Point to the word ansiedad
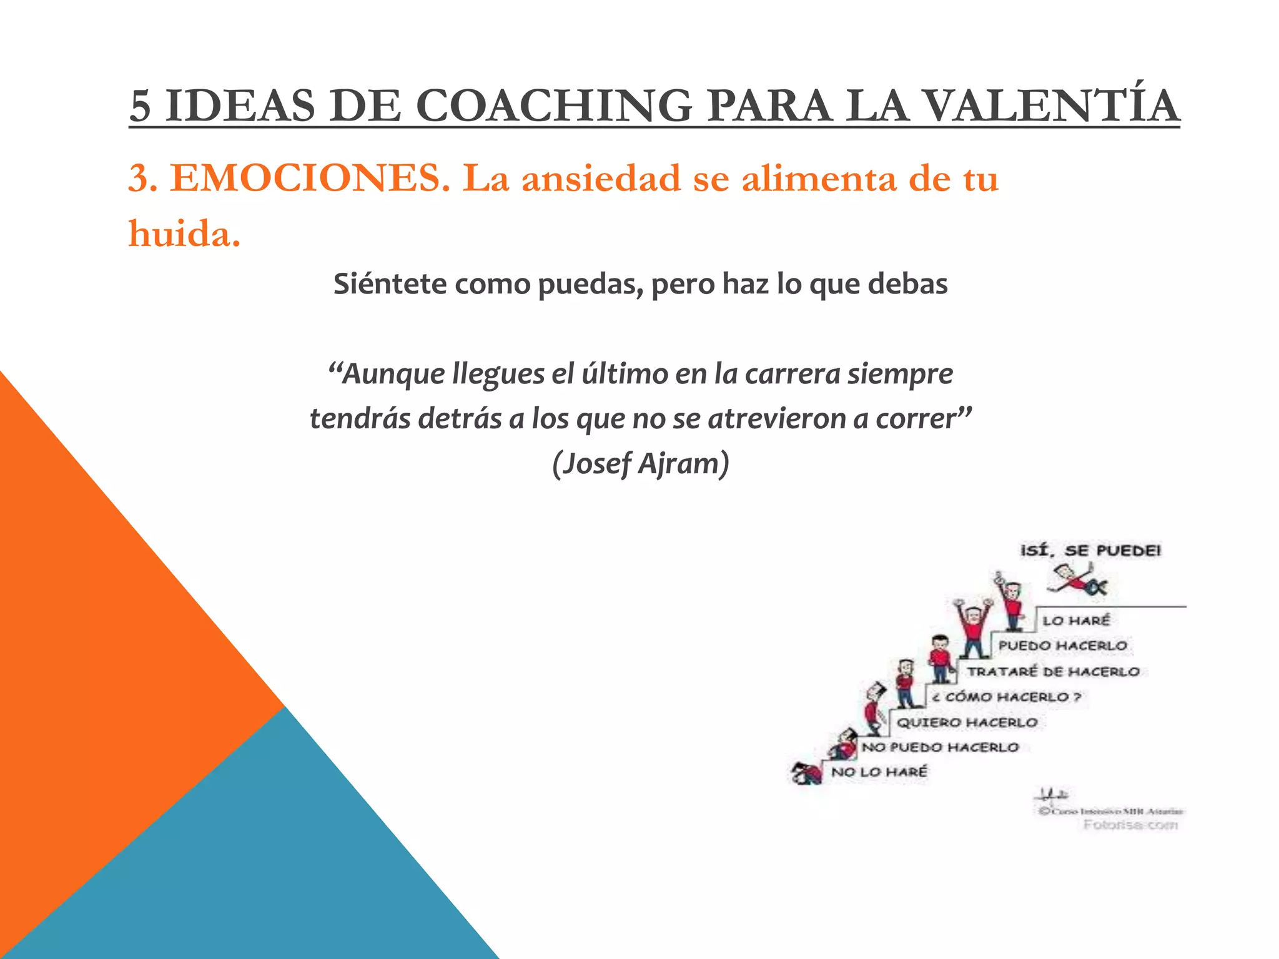(x=601, y=179)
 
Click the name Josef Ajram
(x=641, y=464)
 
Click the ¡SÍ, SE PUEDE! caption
(x=1090, y=551)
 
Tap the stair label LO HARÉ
(x=1076, y=621)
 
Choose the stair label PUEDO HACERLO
(x=1062, y=646)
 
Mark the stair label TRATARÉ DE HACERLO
(x=1054, y=672)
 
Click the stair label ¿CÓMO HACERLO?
(x=1006, y=697)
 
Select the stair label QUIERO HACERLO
(x=967, y=722)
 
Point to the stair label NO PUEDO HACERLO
(x=940, y=747)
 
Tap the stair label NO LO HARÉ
(x=879, y=772)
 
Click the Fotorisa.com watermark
(x=1130, y=825)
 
